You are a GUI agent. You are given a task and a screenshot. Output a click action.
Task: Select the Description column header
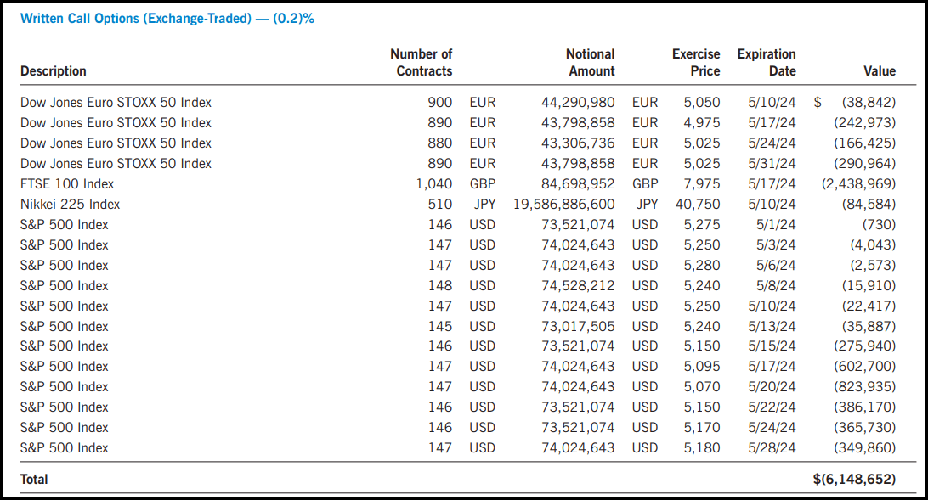click(54, 71)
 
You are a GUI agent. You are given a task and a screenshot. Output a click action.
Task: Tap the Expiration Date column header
click(767, 63)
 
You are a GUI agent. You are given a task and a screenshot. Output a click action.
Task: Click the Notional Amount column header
click(591, 63)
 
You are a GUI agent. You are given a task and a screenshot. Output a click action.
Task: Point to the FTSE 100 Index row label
click(67, 184)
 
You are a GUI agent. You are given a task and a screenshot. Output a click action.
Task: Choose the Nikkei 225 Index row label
click(71, 205)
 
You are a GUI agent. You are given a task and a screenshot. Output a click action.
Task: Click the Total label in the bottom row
click(35, 480)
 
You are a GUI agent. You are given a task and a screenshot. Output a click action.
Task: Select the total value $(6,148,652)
click(854, 480)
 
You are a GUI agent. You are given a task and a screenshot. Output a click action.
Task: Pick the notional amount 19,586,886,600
click(564, 205)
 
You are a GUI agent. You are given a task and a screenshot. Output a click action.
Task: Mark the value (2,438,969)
click(859, 184)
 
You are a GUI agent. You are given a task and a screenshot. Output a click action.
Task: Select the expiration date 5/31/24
click(772, 164)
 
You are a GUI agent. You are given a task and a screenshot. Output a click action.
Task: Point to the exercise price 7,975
click(702, 184)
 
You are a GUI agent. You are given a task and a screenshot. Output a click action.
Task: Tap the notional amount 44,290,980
click(578, 103)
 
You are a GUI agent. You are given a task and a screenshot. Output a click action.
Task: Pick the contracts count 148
click(440, 286)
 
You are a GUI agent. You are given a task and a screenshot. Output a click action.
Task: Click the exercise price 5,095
click(702, 367)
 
